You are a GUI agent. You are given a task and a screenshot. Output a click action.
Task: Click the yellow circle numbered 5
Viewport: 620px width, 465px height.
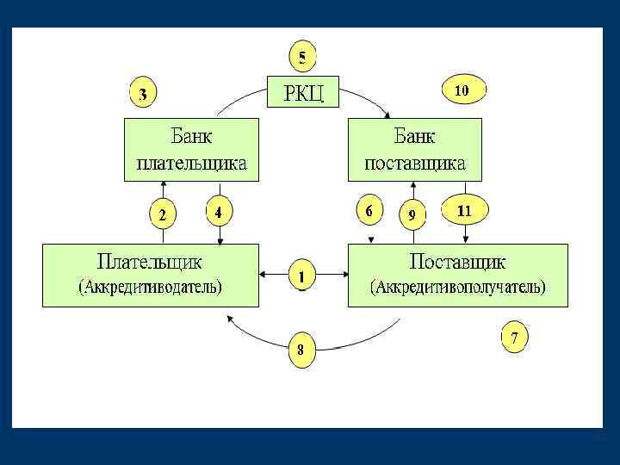tap(301, 58)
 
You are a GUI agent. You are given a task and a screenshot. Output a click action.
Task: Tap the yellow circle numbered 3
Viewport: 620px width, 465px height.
tap(143, 94)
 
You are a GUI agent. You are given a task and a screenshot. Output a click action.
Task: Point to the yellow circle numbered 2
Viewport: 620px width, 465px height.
tap(161, 213)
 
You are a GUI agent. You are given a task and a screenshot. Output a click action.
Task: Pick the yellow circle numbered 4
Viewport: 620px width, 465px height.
tap(220, 210)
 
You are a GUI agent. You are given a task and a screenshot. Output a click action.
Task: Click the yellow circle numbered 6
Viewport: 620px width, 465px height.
tap(369, 210)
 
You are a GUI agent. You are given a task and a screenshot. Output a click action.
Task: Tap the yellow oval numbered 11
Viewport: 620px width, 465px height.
tap(464, 209)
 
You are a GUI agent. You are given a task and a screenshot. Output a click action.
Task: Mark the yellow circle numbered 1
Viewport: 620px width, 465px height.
tap(301, 276)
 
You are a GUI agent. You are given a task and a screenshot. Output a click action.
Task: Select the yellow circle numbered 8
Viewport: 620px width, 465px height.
tap(301, 350)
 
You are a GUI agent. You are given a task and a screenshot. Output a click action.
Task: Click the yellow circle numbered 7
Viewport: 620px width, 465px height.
tap(513, 338)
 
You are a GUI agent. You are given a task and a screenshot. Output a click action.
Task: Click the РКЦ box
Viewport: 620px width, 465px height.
tap(304, 91)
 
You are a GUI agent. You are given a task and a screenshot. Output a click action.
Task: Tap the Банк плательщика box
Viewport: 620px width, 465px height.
tap(191, 150)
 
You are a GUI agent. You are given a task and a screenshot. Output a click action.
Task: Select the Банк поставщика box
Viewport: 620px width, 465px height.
tap(415, 150)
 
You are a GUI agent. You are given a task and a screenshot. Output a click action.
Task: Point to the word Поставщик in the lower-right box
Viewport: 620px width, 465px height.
tap(457, 261)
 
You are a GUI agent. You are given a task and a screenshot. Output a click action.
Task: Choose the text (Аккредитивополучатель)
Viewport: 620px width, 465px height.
tap(457, 287)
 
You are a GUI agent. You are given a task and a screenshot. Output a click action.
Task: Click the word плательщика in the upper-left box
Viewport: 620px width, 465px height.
tap(191, 163)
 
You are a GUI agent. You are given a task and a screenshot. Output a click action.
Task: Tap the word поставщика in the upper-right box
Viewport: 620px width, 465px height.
tap(415, 163)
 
